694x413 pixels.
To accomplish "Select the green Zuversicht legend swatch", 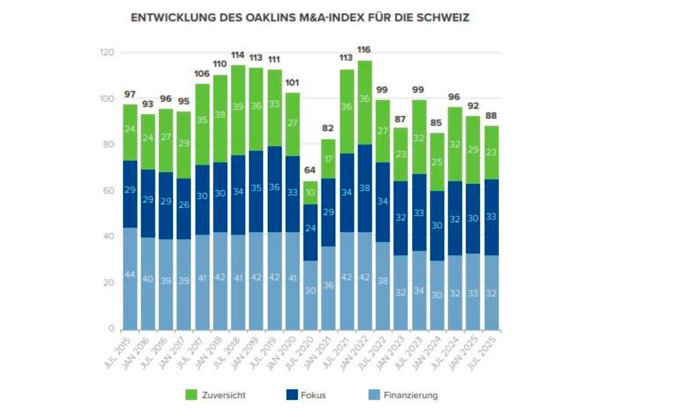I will click(191, 395).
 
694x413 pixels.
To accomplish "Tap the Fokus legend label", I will click(313, 395).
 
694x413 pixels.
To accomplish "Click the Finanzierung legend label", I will click(410, 395).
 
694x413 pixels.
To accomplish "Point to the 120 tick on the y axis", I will click(107, 52).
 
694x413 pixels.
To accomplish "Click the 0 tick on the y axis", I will click(111, 328).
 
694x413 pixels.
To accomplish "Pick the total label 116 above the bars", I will click(364, 50).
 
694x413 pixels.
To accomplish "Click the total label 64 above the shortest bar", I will click(310, 170).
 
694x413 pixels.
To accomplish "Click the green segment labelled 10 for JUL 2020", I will click(310, 193).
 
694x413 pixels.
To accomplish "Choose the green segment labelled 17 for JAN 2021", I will click(328, 159).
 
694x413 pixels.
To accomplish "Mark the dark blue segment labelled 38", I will click(364, 188).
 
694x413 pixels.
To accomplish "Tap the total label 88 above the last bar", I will click(491, 116).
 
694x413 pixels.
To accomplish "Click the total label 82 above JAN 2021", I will click(328, 128).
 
